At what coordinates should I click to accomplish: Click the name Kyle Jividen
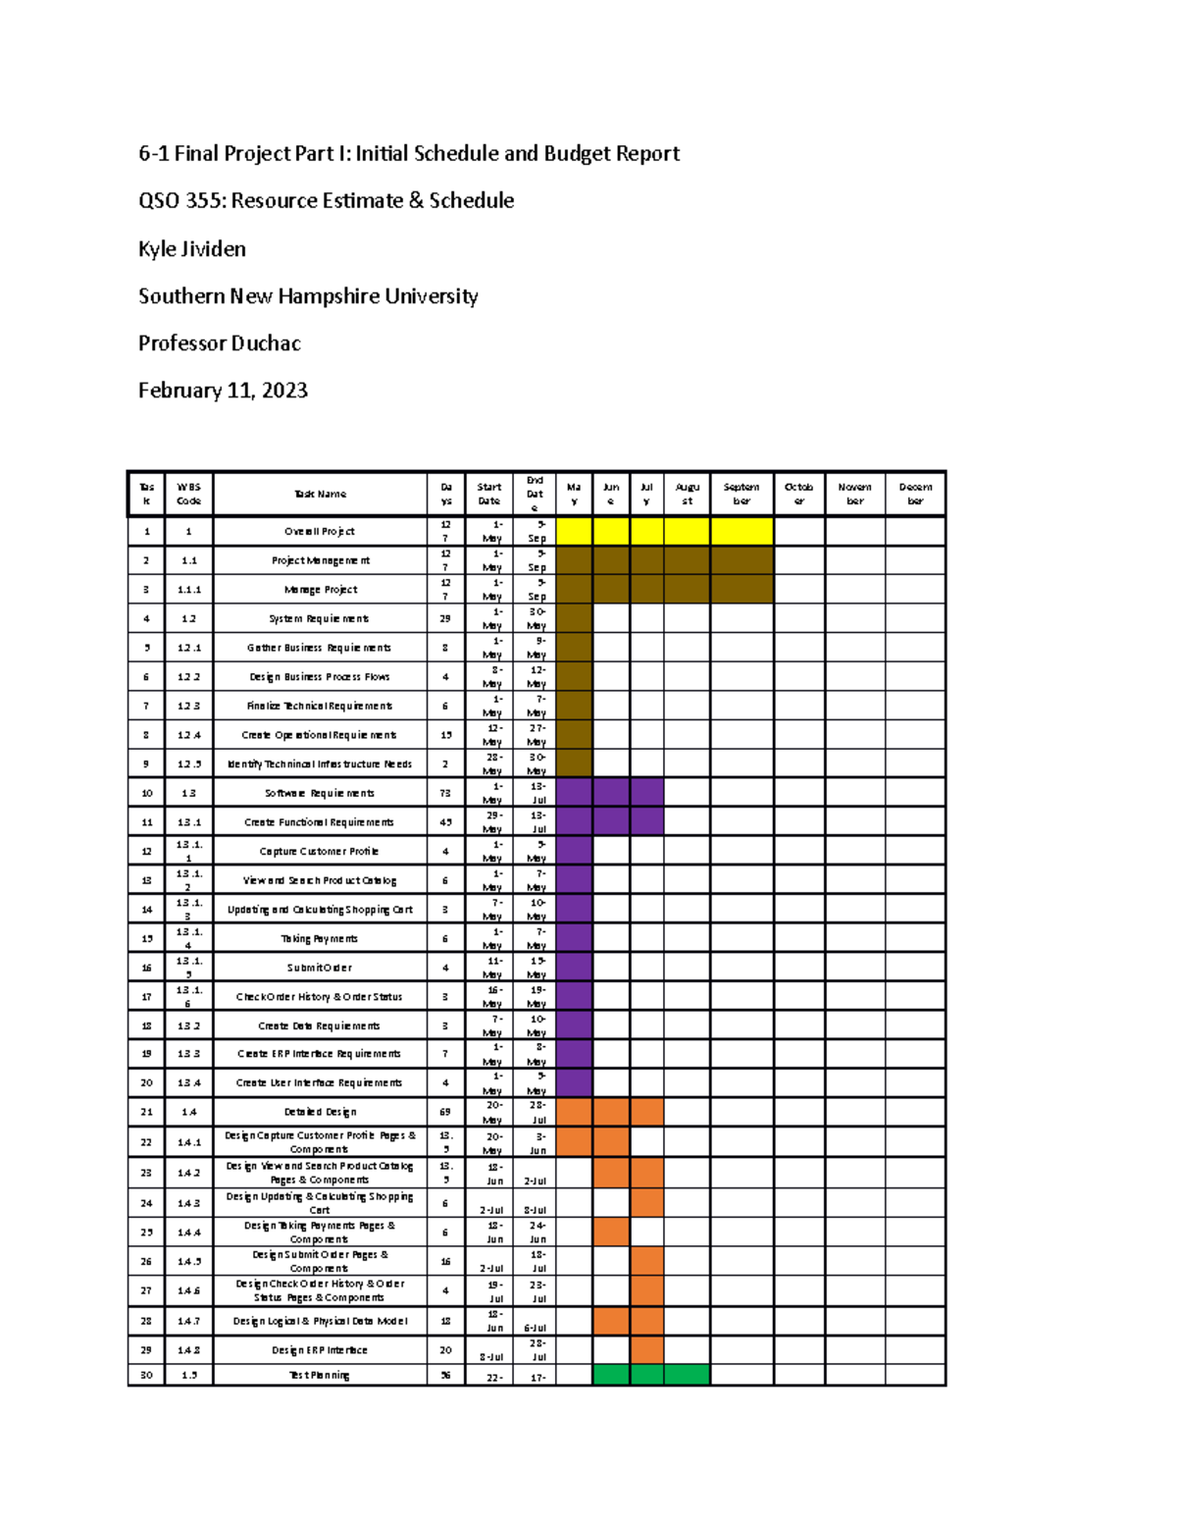pos(192,249)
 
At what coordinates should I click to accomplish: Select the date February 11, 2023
pos(223,391)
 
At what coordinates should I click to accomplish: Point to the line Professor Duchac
pos(219,343)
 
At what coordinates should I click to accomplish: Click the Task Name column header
pos(320,494)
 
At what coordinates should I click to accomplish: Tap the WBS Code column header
pos(188,494)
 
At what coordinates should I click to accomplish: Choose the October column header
pos(798,494)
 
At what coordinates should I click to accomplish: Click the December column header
pos(915,494)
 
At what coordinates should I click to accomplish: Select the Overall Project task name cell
pos(320,531)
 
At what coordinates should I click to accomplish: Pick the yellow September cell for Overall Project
pos(742,531)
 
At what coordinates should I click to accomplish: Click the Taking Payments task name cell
pos(320,938)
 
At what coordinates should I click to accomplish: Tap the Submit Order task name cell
pos(320,968)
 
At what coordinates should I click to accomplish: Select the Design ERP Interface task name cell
pos(320,1350)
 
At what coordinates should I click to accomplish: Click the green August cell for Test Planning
pos(687,1375)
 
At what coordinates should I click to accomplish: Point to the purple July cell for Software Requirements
pos(646,792)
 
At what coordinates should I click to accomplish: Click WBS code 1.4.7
pos(188,1321)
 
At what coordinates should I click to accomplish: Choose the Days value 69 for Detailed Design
pos(445,1112)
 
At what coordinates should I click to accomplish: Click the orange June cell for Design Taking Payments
pos(611,1232)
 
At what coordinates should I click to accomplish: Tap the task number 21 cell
pos(147,1112)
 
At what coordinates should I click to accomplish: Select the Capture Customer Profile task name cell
pos(320,851)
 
